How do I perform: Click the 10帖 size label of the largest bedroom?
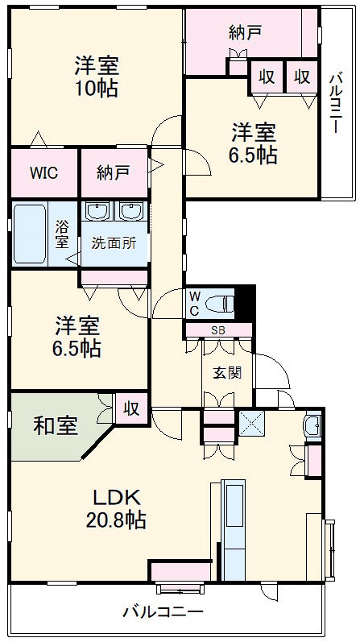[97, 87]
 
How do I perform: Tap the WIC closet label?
[43, 172]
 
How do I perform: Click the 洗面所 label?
[113, 242]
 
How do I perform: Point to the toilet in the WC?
[221, 304]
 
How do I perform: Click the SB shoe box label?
[218, 329]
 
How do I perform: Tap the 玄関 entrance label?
[226, 372]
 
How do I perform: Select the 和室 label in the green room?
[55, 425]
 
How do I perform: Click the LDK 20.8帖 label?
[116, 508]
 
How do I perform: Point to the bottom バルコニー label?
[163, 611]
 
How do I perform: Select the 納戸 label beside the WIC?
[112, 172]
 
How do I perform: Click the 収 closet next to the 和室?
[131, 407]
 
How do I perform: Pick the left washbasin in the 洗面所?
[98, 213]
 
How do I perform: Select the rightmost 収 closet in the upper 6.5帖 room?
[302, 77]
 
